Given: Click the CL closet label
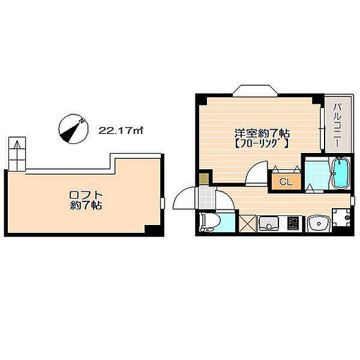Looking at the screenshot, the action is point(286,182).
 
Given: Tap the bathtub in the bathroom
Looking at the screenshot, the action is point(341,173).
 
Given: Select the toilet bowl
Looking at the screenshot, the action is point(211,222).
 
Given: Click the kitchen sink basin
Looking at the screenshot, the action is point(269,223).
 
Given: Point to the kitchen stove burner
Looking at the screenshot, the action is point(293,223).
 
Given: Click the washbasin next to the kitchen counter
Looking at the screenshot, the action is point(318,223).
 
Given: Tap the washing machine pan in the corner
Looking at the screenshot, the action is point(341,217).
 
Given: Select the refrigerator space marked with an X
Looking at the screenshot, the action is point(247,223).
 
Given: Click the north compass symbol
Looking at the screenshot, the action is point(73,129).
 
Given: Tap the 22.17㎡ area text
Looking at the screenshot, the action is point(121,130).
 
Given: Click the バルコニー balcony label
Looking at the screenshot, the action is point(337,125).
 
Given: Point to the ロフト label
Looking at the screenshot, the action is point(85,195).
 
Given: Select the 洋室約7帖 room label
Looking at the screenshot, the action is point(262,133).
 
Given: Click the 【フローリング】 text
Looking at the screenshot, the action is point(262,143).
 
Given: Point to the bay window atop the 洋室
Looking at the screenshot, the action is point(255,90).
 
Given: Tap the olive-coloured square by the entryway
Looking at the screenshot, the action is point(203,179).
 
